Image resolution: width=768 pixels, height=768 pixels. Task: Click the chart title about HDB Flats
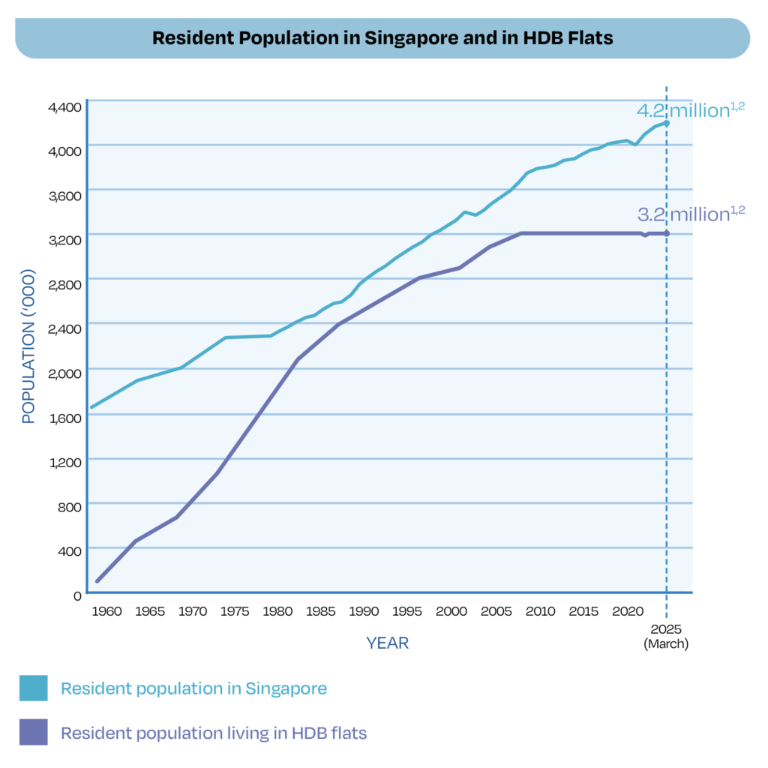(382, 37)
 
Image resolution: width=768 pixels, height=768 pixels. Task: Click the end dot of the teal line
(667, 123)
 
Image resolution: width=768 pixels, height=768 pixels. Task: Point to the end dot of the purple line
(667, 233)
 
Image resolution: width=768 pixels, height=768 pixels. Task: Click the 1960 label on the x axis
(106, 611)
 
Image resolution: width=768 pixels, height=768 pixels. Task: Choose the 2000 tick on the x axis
(452, 611)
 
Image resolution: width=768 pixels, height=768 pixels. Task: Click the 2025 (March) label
(666, 636)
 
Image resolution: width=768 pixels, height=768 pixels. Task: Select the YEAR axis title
(388, 643)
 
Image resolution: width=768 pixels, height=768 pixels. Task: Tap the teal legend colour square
(34, 688)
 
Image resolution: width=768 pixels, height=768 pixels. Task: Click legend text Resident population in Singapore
(193, 688)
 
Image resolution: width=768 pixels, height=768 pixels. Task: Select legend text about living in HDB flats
(214, 733)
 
